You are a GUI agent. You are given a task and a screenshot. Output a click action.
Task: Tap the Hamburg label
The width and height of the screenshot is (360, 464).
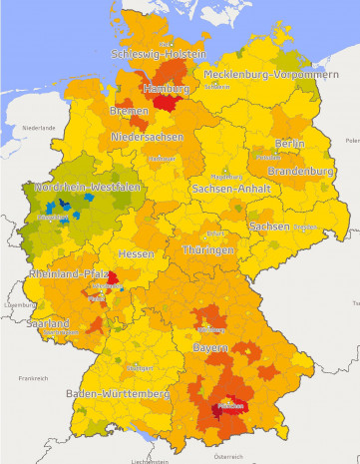(x=166, y=89)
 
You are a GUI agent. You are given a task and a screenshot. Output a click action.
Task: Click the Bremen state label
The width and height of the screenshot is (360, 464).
(x=130, y=111)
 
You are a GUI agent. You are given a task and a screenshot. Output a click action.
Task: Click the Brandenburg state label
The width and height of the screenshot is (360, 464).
(x=300, y=172)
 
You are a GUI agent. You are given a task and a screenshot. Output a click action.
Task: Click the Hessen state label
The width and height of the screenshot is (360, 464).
(x=136, y=254)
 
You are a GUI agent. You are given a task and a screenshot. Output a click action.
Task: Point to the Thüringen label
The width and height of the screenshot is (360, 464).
(x=207, y=249)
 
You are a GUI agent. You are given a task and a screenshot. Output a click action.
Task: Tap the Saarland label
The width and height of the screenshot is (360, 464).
(x=48, y=324)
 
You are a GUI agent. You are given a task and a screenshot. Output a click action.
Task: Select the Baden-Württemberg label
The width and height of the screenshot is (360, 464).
(x=116, y=395)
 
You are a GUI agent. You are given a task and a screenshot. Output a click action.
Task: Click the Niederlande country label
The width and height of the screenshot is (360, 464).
(x=39, y=128)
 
